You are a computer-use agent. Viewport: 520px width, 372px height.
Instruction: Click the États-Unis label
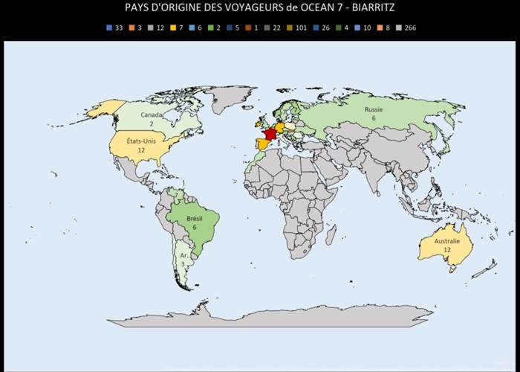[x=141, y=141]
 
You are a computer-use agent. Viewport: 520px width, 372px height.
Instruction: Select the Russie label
[x=373, y=109]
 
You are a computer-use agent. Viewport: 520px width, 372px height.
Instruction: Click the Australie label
[x=447, y=242]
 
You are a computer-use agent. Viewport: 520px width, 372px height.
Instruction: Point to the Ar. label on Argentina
[x=183, y=255]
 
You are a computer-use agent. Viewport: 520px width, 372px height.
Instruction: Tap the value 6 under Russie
[x=373, y=118]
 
